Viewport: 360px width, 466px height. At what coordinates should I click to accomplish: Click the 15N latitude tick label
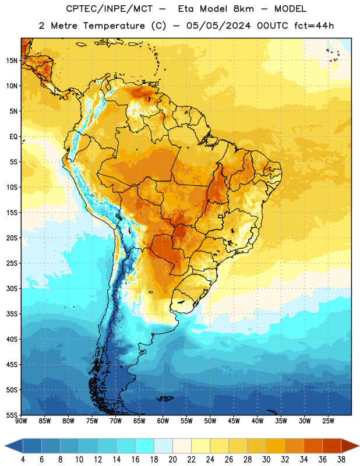12,61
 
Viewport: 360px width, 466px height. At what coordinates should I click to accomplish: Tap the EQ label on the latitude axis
13,137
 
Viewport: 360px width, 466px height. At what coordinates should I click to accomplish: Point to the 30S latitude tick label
12,288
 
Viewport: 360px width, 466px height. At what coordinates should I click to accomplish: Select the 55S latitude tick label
12,415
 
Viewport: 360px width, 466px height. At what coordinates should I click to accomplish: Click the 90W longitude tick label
21,421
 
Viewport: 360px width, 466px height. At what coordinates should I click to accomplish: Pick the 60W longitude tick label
163,421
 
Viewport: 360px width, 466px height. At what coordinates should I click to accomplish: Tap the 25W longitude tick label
328,421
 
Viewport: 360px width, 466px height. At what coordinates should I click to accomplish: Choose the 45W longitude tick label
234,421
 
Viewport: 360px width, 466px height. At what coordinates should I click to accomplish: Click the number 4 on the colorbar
23,460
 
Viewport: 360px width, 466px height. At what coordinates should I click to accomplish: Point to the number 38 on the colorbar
341,460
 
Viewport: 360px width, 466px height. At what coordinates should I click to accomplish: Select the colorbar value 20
172,460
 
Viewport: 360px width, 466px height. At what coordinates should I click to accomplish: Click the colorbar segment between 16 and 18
145,446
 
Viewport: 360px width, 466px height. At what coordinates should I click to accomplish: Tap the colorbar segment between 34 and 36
313,446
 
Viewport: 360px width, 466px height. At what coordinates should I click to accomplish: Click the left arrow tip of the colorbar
5,446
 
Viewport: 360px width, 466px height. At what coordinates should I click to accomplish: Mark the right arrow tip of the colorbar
359,446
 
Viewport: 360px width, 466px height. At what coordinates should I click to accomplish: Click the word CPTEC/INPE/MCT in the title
110,9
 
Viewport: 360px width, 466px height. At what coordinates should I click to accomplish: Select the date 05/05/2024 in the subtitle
218,26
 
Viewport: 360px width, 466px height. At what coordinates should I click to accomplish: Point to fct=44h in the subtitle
314,26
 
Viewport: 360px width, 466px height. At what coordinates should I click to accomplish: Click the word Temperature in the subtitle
114,26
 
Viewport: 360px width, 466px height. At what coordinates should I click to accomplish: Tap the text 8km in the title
243,9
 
